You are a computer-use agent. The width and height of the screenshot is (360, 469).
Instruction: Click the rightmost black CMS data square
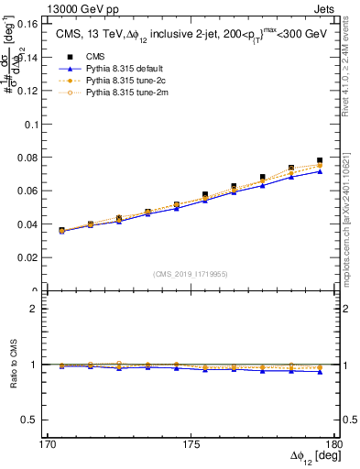[320, 161]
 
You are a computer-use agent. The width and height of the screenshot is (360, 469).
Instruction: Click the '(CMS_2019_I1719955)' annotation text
[190, 272]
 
